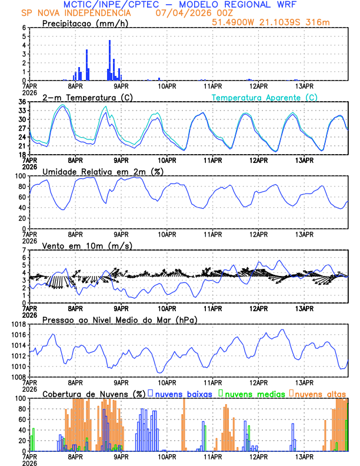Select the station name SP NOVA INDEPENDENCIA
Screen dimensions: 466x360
point(76,13)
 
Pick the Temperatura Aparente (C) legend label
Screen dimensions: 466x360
point(265,97)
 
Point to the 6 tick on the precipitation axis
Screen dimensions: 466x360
point(24,28)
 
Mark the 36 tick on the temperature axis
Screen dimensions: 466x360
point(22,102)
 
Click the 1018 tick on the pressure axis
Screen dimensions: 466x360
point(19,324)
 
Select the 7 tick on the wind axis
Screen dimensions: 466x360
point(24,250)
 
